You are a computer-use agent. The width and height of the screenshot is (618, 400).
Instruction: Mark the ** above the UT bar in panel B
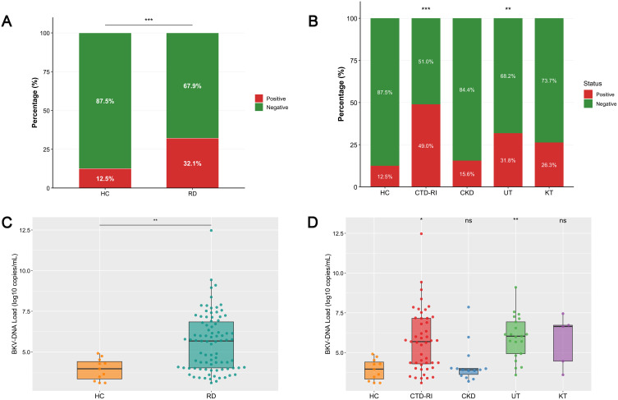(508, 10)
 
